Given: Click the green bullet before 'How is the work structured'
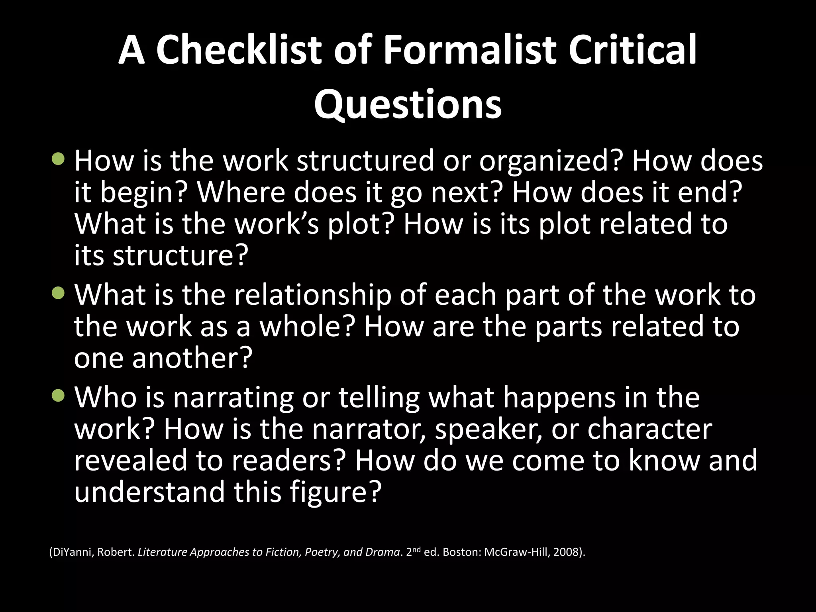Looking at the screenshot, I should [58, 159].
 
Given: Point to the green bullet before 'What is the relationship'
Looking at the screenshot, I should [58, 294].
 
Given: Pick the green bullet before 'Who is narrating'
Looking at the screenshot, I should [58, 396].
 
